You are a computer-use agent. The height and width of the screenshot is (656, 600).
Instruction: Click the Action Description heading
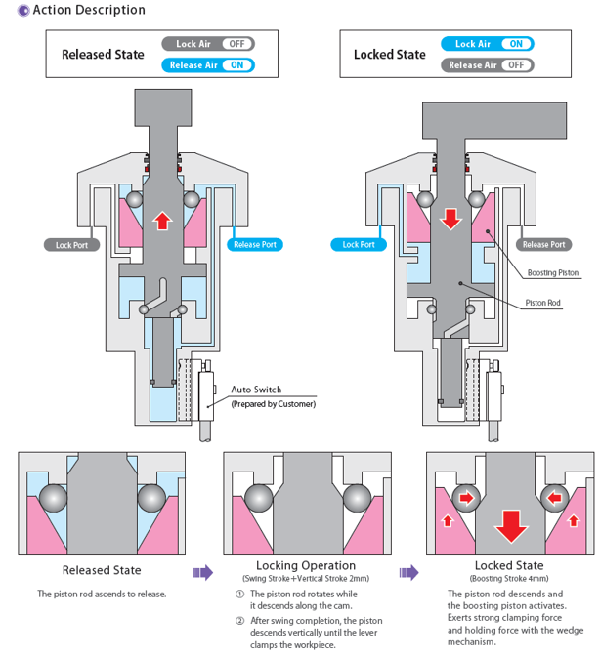coord(88,10)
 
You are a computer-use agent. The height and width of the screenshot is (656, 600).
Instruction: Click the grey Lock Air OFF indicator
coord(209,44)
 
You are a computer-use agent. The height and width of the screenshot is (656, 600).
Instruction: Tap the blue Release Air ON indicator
coord(209,65)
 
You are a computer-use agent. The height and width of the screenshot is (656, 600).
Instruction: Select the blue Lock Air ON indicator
coord(487,44)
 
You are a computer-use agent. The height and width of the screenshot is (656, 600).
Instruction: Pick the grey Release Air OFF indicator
coord(487,65)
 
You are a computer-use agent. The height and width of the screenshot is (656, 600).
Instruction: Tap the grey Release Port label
coord(543,245)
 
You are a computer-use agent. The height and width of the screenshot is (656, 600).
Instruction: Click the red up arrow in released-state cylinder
coord(163,220)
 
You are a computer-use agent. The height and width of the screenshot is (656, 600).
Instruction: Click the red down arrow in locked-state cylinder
coord(450,218)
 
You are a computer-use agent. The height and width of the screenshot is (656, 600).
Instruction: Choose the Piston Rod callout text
coord(542,304)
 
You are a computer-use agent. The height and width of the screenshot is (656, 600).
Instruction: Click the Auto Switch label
coord(256,390)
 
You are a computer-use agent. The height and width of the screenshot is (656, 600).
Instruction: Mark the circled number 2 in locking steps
coord(240,619)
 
